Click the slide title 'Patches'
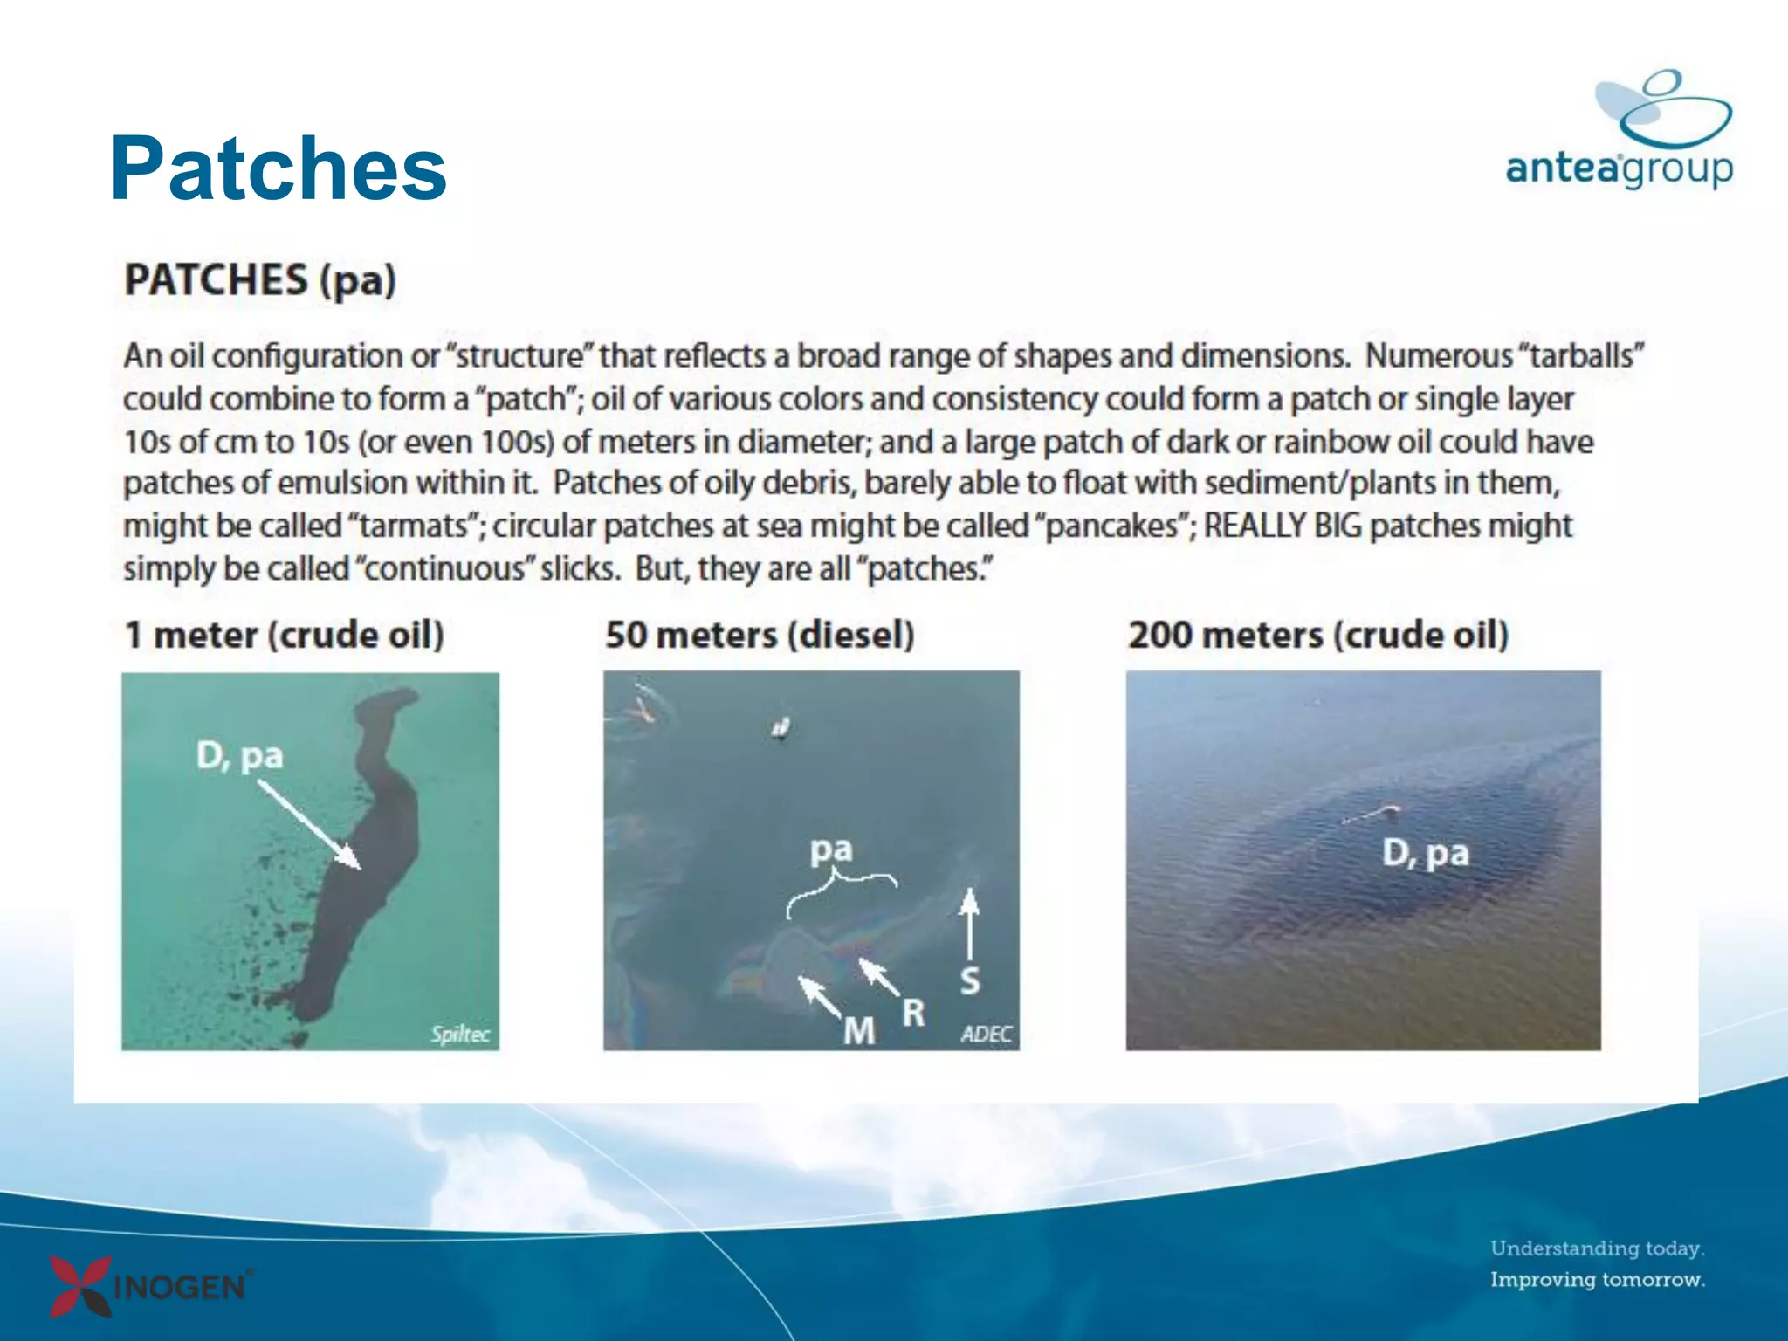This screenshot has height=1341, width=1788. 279,168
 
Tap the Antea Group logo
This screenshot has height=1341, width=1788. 1620,131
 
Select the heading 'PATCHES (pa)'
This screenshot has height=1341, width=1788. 260,280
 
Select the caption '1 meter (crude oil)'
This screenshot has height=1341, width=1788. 285,635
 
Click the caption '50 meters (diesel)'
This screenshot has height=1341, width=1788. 760,635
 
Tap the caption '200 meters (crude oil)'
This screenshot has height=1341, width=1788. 1318,635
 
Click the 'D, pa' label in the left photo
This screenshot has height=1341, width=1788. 239,756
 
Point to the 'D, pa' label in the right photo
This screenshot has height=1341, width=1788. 1425,853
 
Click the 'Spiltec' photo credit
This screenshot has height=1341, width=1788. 460,1035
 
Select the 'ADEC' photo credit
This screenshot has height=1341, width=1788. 986,1035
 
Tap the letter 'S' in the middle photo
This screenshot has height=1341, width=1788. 970,981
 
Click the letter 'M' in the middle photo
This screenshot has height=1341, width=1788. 859,1031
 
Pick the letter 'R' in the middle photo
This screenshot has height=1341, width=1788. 913,1013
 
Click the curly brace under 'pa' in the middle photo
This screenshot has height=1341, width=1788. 840,890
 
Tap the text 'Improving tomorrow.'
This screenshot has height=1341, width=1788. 1597,1280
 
